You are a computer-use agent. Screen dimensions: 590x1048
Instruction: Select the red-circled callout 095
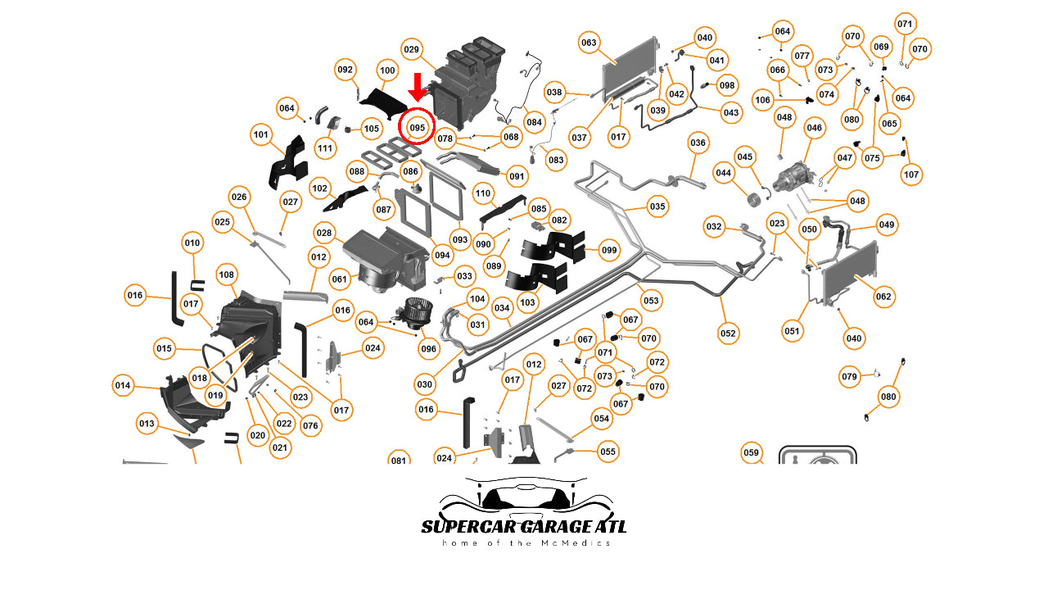click(x=418, y=128)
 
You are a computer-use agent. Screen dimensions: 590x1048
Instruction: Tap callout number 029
click(x=411, y=50)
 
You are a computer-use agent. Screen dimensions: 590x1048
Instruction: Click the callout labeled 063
click(x=589, y=43)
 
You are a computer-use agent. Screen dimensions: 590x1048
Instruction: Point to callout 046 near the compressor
click(x=814, y=128)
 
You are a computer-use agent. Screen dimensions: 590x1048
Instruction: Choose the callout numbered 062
click(x=883, y=297)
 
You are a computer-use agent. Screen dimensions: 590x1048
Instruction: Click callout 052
click(x=728, y=333)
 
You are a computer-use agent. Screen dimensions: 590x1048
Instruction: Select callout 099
click(x=608, y=250)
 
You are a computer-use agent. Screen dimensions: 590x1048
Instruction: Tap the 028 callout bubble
click(x=325, y=234)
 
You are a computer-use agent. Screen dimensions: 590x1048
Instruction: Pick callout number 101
click(x=261, y=134)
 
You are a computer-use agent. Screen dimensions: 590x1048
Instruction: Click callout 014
click(x=123, y=385)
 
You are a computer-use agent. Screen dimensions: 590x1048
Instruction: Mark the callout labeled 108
click(x=227, y=275)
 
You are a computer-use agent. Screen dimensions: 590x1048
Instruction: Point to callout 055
click(x=608, y=452)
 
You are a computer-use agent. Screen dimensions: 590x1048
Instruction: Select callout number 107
click(x=911, y=174)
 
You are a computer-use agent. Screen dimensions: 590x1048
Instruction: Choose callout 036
click(x=698, y=143)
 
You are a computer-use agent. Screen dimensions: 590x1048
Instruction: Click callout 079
click(x=849, y=377)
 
